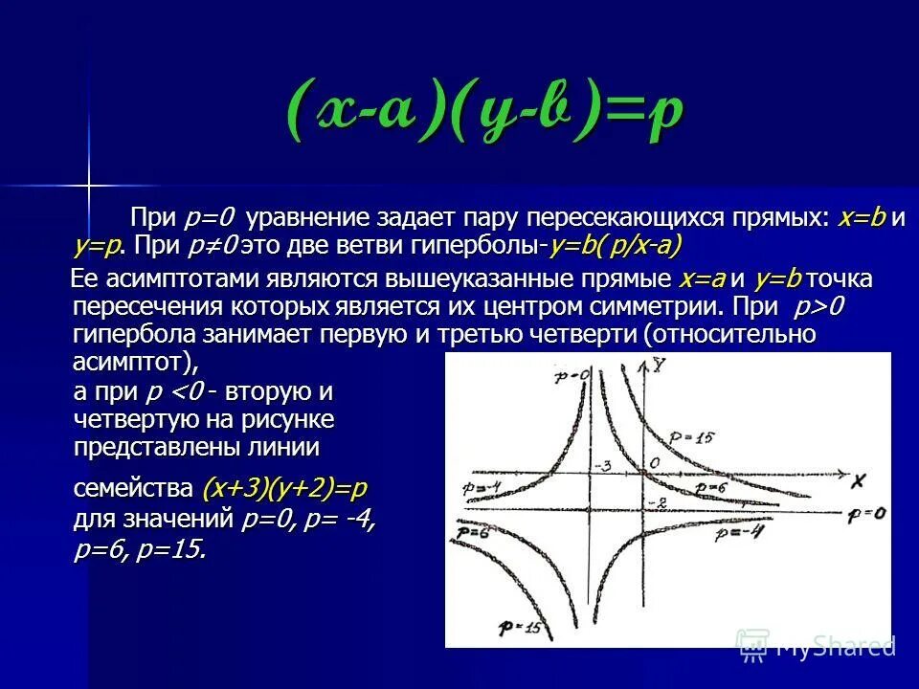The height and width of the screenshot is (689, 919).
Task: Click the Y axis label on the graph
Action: point(661,365)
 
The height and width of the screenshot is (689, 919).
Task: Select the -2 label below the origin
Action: point(656,502)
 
